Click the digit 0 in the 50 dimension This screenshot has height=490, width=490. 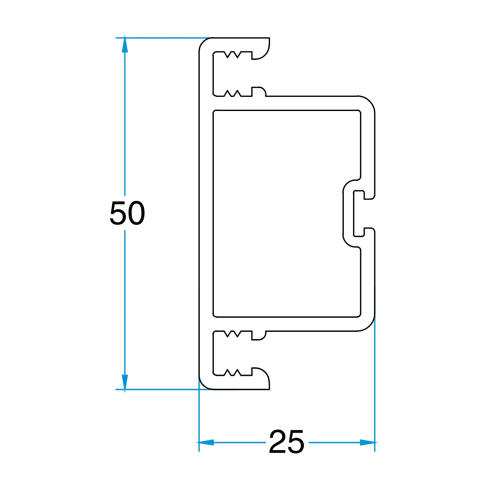pyautogui.click(x=137, y=213)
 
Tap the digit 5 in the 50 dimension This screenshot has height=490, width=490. pyautogui.click(x=118, y=213)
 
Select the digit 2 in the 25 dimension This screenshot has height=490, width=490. pyautogui.click(x=277, y=441)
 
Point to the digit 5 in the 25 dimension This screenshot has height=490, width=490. pyautogui.click(x=296, y=441)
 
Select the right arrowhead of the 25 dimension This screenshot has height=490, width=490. pyautogui.click(x=367, y=442)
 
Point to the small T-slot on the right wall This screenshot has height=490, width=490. pyautogui.click(x=359, y=213)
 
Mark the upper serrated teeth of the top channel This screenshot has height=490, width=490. pyautogui.click(x=233, y=54)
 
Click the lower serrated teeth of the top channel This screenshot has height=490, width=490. pyautogui.click(x=233, y=93)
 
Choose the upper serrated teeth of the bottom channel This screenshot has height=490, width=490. pyautogui.click(x=233, y=334)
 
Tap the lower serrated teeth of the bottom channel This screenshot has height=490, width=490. pyautogui.click(x=233, y=373)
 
